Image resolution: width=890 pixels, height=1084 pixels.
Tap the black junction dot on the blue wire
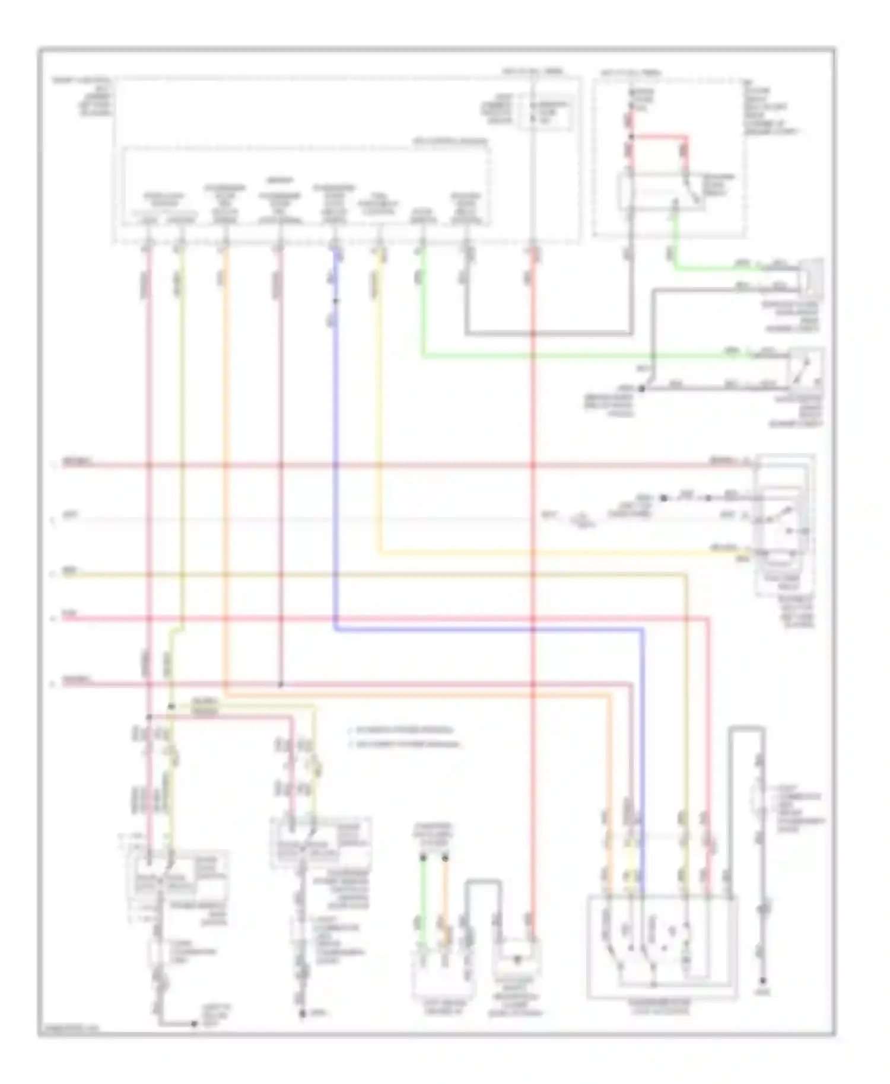point(336,301)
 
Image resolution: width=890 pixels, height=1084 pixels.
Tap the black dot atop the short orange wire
point(446,857)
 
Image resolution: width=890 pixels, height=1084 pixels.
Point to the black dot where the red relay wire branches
point(631,137)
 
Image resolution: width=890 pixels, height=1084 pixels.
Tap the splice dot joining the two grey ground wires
point(641,388)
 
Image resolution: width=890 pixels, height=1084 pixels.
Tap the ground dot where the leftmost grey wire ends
point(193,1024)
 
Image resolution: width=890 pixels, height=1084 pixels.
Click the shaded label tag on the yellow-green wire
point(205,706)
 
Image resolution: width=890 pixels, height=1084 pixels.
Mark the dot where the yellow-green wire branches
point(171,706)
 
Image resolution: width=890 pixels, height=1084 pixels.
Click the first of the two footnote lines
point(403,729)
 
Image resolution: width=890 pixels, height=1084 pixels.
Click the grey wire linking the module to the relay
point(549,334)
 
